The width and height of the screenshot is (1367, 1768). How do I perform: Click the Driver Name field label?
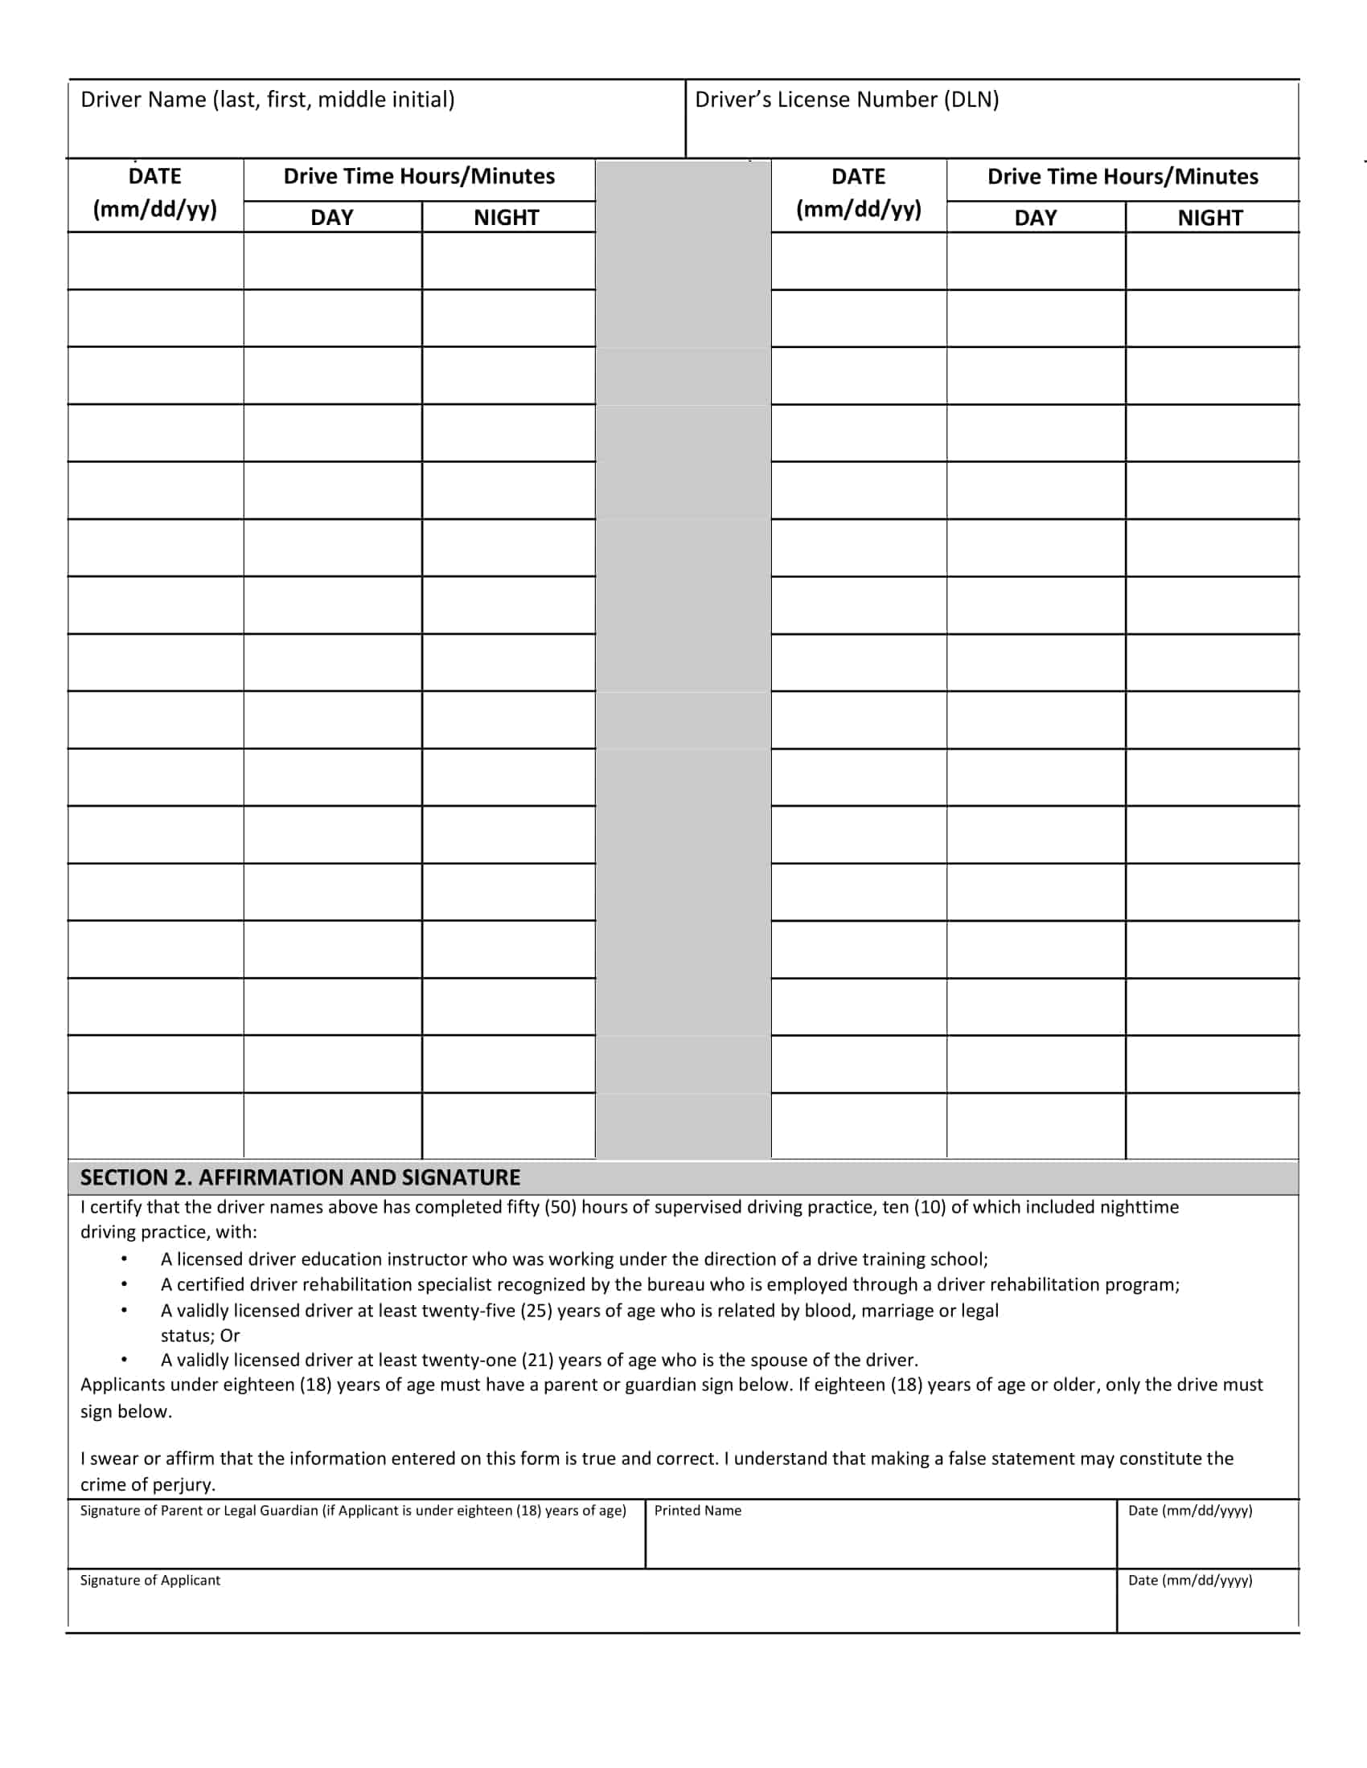[x=267, y=100]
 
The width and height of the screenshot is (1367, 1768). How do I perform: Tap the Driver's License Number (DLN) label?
[x=846, y=100]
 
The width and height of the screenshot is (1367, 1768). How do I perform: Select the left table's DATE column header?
[x=154, y=193]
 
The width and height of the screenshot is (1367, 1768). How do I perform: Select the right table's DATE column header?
[x=859, y=193]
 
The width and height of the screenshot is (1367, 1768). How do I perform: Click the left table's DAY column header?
[x=332, y=217]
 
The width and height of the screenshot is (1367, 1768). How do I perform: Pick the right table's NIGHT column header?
[x=1210, y=218]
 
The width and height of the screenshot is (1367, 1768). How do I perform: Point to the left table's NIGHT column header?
[x=506, y=217]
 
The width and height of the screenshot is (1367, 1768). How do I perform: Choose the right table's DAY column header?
[x=1035, y=218]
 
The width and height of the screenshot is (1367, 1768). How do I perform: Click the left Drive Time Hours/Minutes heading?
[x=419, y=177]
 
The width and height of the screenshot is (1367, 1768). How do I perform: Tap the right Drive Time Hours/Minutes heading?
[x=1123, y=177]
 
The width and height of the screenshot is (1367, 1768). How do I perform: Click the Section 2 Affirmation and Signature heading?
[x=300, y=1177]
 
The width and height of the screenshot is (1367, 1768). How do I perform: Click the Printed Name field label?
[x=697, y=1511]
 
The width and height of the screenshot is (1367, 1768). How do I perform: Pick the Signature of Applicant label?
[x=150, y=1580]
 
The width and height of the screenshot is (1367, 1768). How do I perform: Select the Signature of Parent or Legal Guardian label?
[x=353, y=1511]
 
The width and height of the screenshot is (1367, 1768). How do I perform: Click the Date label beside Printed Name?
[x=1189, y=1511]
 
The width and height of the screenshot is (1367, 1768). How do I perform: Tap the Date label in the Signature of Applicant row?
[x=1189, y=1580]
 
